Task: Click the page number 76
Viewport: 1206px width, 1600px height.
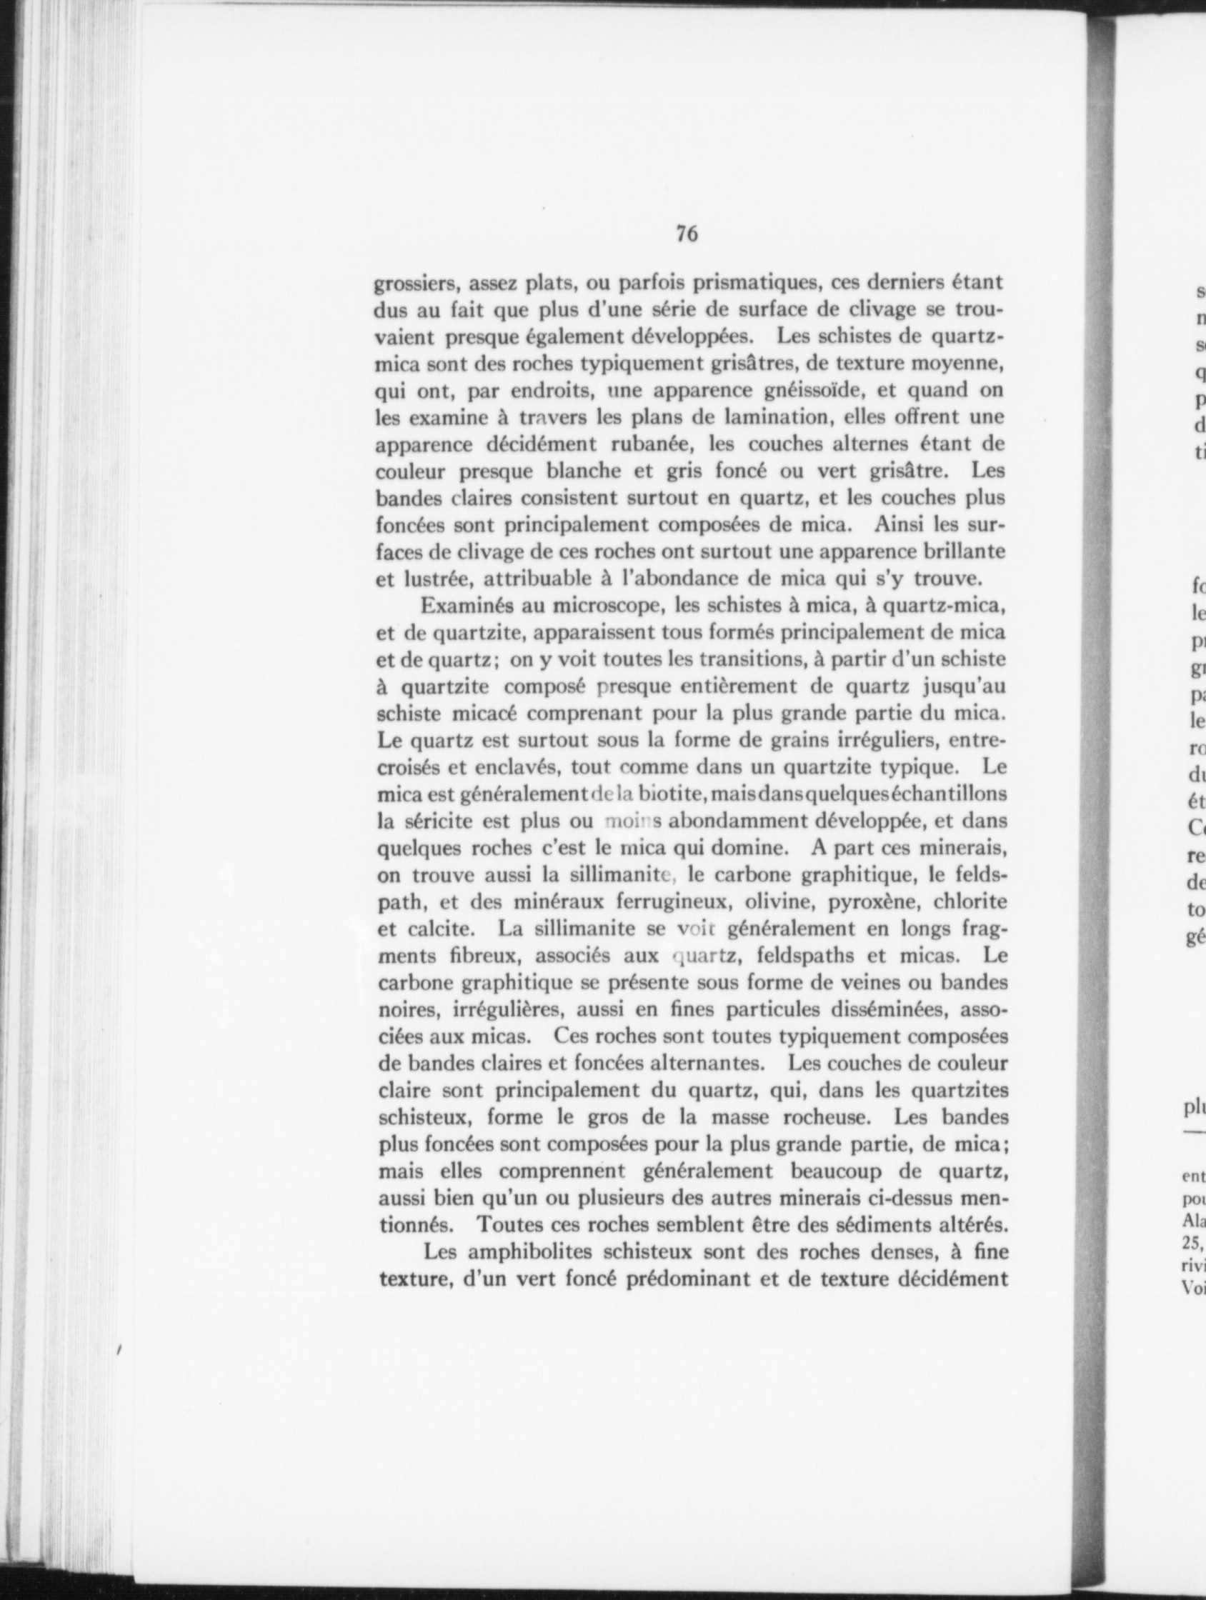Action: (x=686, y=234)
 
